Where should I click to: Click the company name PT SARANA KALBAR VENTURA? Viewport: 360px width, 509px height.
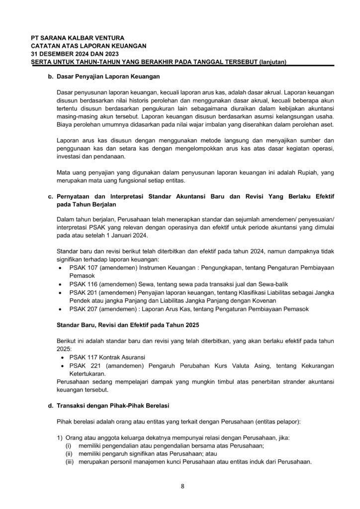point(78,38)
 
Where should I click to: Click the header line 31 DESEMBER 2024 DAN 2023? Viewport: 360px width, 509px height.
point(73,54)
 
